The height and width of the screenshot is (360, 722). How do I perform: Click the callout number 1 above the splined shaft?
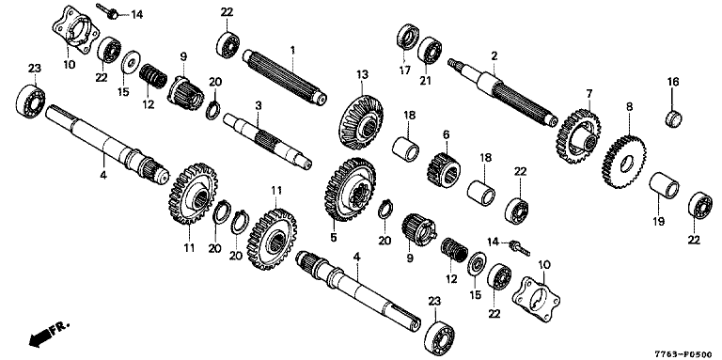(x=291, y=49)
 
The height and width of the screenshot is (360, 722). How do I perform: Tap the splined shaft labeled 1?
(x=285, y=76)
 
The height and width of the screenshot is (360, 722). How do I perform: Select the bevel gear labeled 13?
(x=361, y=122)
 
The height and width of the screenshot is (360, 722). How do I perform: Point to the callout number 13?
(x=362, y=74)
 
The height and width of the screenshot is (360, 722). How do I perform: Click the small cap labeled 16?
(x=673, y=117)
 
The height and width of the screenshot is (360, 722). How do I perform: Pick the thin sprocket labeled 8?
(x=623, y=162)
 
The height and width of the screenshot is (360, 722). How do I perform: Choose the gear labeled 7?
(x=578, y=136)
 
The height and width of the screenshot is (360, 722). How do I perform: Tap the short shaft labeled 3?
(x=268, y=141)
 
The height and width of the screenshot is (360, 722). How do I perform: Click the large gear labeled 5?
(x=350, y=189)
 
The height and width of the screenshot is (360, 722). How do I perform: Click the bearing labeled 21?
(x=430, y=52)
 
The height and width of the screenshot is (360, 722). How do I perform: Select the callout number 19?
(x=658, y=222)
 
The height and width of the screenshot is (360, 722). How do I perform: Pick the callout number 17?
(x=405, y=70)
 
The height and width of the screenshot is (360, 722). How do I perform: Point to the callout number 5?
(x=334, y=238)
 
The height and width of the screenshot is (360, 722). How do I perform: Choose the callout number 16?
(x=673, y=82)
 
